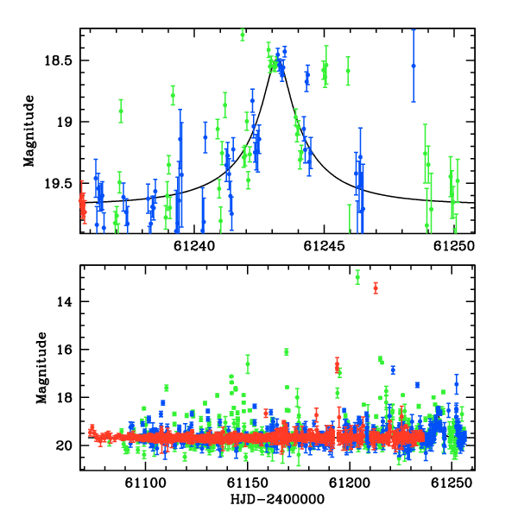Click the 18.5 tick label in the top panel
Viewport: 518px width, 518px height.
click(x=58, y=60)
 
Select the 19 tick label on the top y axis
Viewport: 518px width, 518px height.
click(x=64, y=123)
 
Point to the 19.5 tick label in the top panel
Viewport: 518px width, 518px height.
click(x=58, y=184)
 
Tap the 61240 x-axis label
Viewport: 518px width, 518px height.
click(x=194, y=246)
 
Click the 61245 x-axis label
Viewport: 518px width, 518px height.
click(x=324, y=246)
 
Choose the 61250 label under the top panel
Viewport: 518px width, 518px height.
click(x=454, y=246)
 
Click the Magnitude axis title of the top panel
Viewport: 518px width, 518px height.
click(x=29, y=131)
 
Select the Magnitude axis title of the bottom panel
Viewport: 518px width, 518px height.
click(x=42, y=368)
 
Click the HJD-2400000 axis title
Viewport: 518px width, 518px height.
click(x=277, y=499)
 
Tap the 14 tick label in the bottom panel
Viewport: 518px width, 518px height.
click(x=64, y=301)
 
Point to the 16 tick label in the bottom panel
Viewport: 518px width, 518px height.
click(x=64, y=350)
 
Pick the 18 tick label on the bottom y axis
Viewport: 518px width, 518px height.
click(x=64, y=397)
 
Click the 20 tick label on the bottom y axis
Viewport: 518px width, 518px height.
click(x=64, y=445)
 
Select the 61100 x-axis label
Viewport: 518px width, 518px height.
click(x=145, y=483)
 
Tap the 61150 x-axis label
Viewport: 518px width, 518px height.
click(x=248, y=483)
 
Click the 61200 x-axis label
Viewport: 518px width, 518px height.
click(x=350, y=483)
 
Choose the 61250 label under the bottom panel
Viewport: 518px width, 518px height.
click(x=452, y=483)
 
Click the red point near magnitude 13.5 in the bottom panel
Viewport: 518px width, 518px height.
click(x=376, y=288)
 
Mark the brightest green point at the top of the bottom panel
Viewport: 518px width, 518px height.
click(x=357, y=277)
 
